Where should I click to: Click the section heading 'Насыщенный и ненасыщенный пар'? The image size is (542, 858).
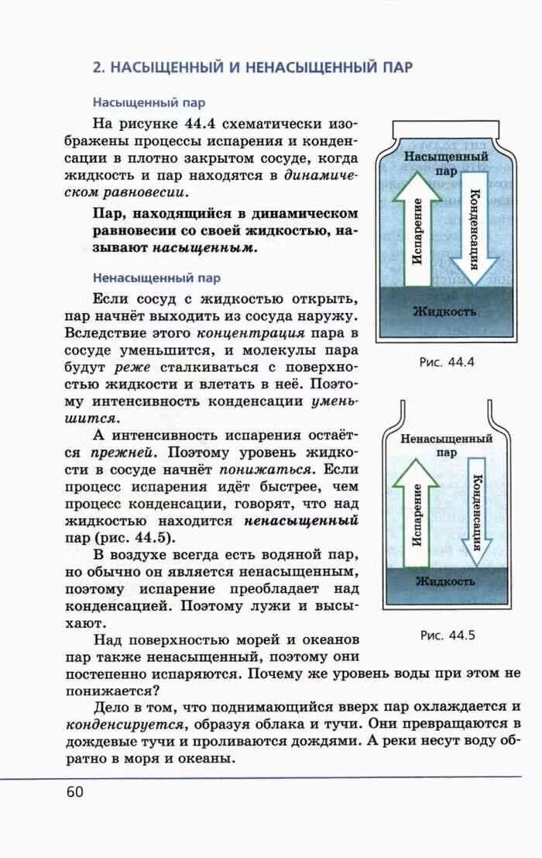tap(252, 67)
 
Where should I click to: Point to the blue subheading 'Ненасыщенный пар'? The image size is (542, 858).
tap(156, 277)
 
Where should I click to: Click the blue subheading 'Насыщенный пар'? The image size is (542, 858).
tap(149, 102)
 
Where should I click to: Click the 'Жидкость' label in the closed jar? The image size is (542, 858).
tap(444, 312)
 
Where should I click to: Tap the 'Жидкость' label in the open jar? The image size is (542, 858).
tap(445, 580)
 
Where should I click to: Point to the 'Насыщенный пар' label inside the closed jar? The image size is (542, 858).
tap(445, 163)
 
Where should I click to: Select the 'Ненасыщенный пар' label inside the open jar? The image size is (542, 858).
tap(446, 443)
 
